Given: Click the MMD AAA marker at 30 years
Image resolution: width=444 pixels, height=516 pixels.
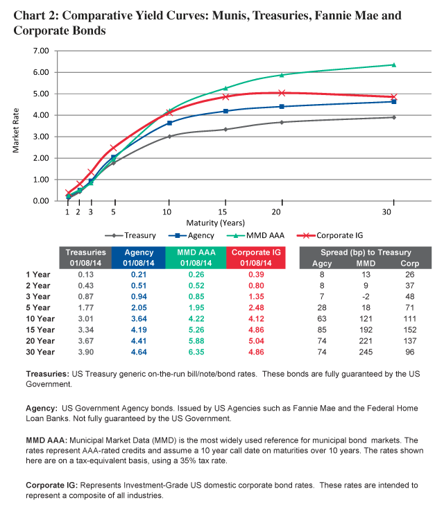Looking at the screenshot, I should [393, 64].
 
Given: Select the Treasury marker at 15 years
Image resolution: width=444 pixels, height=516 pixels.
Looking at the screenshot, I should [225, 129].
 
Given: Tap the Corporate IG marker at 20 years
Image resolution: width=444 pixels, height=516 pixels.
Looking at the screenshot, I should [282, 92].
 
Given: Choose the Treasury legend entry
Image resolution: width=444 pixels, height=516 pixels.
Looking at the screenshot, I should [137, 235].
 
